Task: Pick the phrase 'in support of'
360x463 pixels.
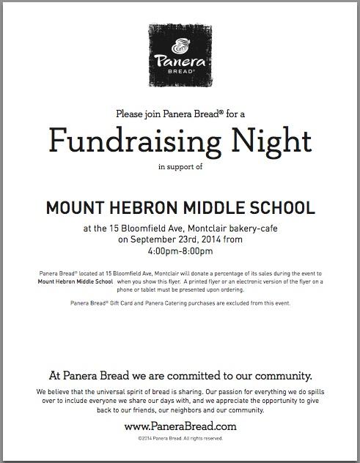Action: point(180,167)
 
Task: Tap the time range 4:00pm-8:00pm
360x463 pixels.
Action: point(180,251)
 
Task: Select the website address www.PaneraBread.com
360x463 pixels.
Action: point(180,425)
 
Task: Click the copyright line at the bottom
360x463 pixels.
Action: point(180,437)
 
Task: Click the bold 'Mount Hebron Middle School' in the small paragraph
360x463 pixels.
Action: point(66,281)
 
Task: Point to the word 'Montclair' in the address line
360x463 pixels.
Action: point(191,228)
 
